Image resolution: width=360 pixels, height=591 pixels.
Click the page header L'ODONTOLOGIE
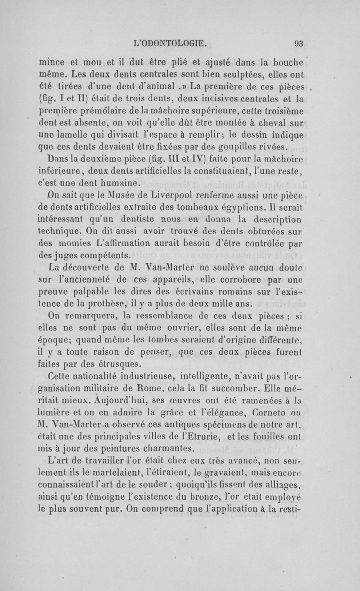click(171, 44)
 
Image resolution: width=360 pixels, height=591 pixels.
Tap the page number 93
click(298, 44)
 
